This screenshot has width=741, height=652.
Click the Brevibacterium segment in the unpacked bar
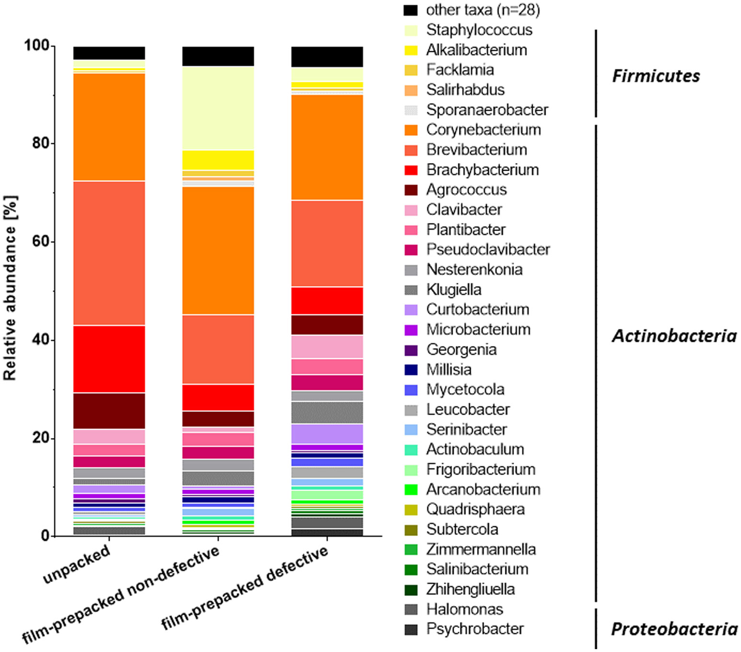pyautogui.click(x=109, y=253)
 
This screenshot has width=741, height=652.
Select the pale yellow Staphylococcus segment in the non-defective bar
pyautogui.click(x=218, y=108)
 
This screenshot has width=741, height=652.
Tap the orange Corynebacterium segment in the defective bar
pyautogui.click(x=327, y=147)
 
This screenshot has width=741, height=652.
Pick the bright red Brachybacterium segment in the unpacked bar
pyautogui.click(x=109, y=359)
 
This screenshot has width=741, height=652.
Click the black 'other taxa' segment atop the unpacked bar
pyautogui.click(x=109, y=53)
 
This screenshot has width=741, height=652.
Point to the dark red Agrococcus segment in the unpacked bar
pyautogui.click(x=109, y=410)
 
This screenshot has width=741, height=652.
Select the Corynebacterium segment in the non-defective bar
pyautogui.click(x=218, y=250)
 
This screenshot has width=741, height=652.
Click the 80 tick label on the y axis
pyautogui.click(x=40, y=143)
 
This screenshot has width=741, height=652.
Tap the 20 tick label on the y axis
pyautogui.click(x=40, y=438)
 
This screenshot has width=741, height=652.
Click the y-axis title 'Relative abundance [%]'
pyautogui.click(x=10, y=288)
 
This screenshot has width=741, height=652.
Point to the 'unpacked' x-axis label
pyautogui.click(x=77, y=565)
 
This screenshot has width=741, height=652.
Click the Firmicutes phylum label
pyautogui.click(x=656, y=76)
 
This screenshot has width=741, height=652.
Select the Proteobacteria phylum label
pyautogui.click(x=674, y=629)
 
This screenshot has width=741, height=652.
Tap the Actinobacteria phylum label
pyautogui.click(x=674, y=336)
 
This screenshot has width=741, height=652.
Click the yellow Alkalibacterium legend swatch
pyautogui.click(x=411, y=50)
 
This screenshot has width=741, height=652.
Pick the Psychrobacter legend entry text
pyautogui.click(x=475, y=629)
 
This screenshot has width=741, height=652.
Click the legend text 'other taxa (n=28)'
pyautogui.click(x=483, y=10)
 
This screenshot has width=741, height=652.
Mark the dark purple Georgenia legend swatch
pyautogui.click(x=411, y=350)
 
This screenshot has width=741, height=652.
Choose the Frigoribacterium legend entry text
pyautogui.click(x=480, y=469)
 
